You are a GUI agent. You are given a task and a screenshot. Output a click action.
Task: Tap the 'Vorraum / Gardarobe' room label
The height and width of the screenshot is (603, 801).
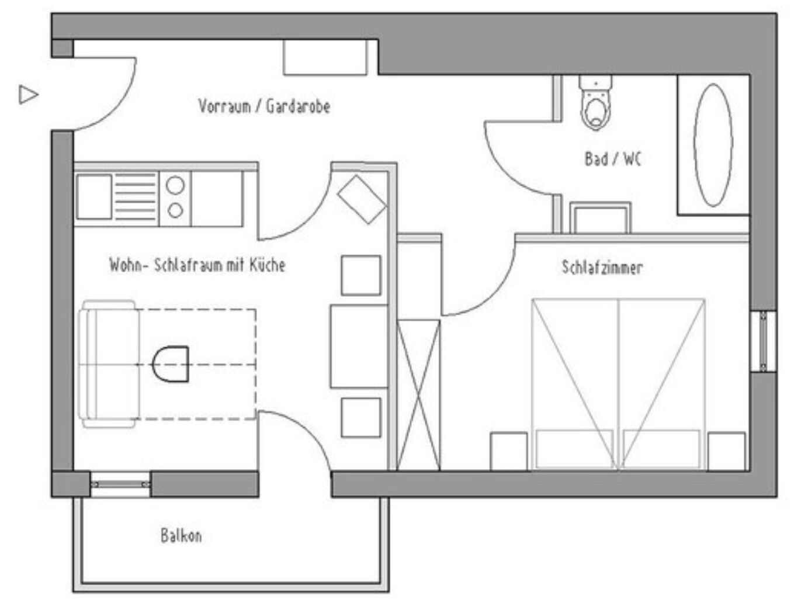[264, 106]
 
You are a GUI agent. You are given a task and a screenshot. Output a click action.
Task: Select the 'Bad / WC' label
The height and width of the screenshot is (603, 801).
[612, 159]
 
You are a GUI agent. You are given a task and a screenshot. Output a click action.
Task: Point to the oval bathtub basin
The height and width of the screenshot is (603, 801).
[713, 145]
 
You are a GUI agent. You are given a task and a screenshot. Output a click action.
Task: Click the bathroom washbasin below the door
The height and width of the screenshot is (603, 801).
[600, 218]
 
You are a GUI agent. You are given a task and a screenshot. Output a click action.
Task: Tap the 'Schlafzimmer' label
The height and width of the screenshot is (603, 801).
[602, 268]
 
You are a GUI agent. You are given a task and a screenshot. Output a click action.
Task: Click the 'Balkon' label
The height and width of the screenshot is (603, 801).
[181, 536]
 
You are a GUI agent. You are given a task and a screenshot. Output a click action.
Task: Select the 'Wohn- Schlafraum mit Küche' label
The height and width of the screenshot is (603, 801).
[197, 265]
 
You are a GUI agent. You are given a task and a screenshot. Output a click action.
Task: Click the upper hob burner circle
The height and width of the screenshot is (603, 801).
[175, 185]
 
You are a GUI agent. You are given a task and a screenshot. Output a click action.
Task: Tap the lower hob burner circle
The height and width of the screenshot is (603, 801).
[175, 210]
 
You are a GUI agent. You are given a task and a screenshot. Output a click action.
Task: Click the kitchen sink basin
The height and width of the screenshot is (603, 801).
[94, 197]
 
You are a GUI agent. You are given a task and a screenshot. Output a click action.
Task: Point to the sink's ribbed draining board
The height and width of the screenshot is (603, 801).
[136, 197]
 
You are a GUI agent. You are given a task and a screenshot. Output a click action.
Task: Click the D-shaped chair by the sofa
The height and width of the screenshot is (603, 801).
[171, 364]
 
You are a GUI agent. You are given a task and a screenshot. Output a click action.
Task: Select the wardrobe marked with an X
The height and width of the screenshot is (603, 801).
[418, 396]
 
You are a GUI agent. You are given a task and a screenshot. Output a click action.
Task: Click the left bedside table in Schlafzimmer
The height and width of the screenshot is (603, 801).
[508, 452]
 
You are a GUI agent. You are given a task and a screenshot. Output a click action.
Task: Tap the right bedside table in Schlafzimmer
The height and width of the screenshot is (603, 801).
[726, 452]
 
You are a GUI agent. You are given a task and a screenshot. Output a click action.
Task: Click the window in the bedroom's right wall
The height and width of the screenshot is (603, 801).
[763, 341]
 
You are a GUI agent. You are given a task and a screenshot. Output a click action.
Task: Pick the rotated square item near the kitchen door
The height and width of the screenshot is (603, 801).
[362, 199]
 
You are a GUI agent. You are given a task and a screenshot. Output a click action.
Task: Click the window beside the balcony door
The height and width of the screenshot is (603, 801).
[120, 484]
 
